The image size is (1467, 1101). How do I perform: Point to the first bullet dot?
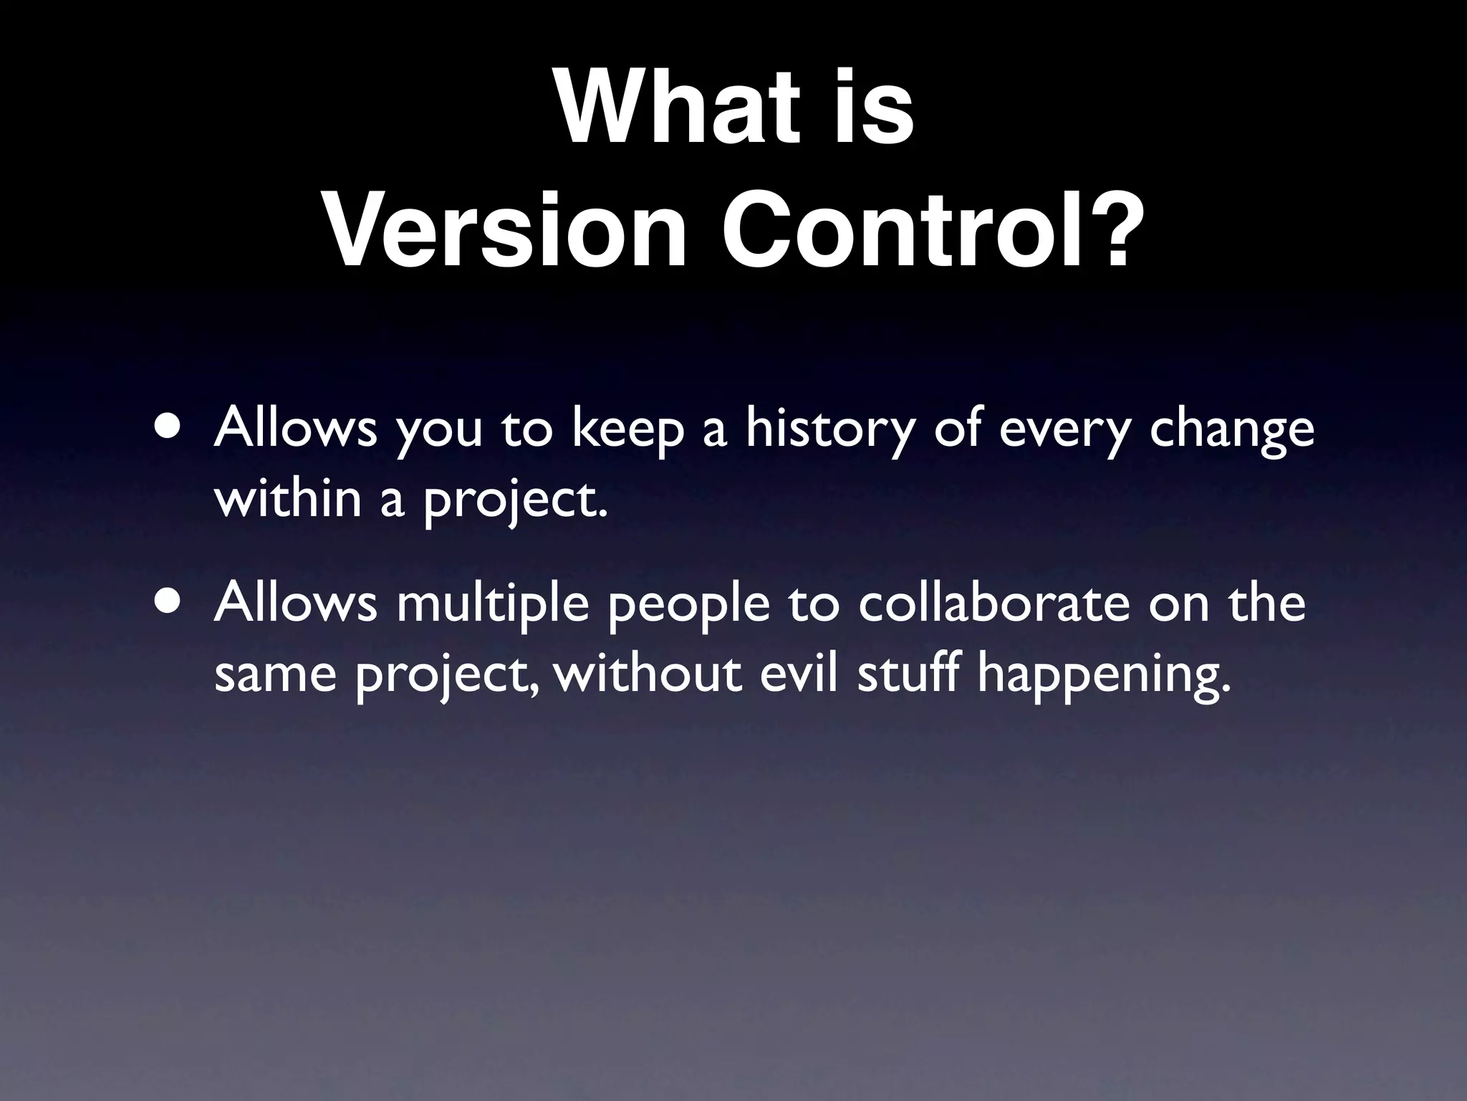click(x=167, y=429)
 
